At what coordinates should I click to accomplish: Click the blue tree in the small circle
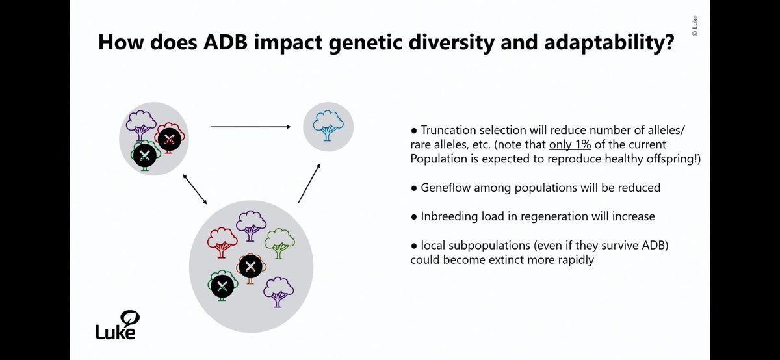[x=328, y=125]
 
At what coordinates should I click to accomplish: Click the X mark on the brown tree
[x=250, y=266]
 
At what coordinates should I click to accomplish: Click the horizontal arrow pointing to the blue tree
[x=250, y=127]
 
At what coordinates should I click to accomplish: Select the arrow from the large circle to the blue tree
[x=309, y=183]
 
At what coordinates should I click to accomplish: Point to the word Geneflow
[x=445, y=187]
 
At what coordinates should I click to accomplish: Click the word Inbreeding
[x=448, y=217]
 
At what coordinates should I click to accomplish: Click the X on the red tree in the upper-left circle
[x=170, y=137]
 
